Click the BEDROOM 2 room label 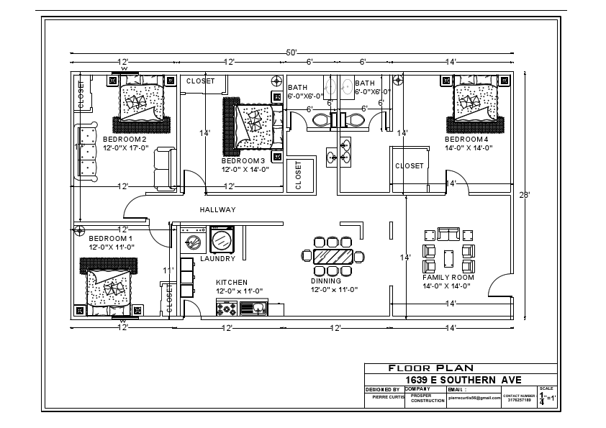tap(125, 139)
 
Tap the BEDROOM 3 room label tap(243, 160)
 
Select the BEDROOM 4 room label tap(466, 139)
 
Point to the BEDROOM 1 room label tap(110, 238)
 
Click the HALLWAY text tap(217, 210)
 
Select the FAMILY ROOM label tap(448, 277)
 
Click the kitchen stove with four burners tap(227, 309)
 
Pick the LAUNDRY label tap(217, 258)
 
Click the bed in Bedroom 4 tap(475, 102)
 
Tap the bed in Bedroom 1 tap(110, 288)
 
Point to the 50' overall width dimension tap(291, 53)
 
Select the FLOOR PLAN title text tap(431, 368)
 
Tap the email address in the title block tap(474, 397)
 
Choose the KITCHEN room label tap(232, 282)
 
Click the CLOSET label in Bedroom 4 tap(410, 166)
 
